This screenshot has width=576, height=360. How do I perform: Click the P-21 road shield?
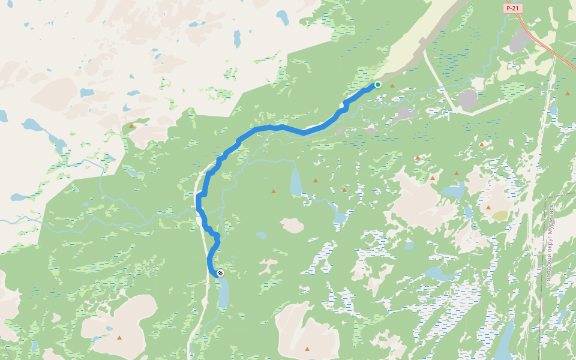tap(512, 8)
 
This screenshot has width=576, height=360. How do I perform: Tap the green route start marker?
tap(378, 85)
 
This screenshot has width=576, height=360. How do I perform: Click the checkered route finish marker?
tap(220, 273)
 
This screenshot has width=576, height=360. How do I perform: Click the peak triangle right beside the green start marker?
tap(392, 86)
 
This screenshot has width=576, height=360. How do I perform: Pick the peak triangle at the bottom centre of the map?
tap(307, 349)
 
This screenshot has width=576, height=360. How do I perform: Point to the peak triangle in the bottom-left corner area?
tap(119, 338)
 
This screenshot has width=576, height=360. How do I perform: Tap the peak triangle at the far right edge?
tap(567, 94)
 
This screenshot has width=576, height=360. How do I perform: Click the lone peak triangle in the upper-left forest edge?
tap(131, 126)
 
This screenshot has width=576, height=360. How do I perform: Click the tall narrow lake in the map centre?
tap(296, 182)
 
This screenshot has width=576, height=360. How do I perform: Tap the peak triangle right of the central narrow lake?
tap(316, 180)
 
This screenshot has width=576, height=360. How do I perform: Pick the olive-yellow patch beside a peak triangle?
tap(500, 215)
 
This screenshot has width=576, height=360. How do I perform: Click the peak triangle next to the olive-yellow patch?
tap(488, 208)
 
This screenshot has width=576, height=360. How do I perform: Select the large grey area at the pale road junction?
tap(467, 100)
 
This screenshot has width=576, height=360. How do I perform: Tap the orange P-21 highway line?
tap(552, 50)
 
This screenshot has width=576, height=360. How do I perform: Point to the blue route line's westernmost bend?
tap(199, 198)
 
